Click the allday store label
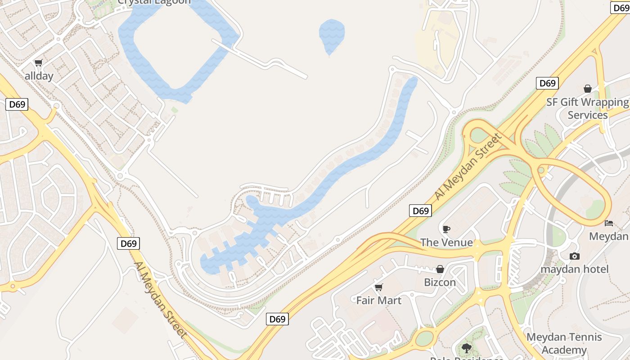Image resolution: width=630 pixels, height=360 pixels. point(39,76)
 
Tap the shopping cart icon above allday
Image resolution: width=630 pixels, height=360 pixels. point(39,63)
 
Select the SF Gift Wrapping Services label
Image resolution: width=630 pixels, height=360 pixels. point(587,108)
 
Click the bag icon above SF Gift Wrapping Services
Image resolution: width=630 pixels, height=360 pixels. point(587,89)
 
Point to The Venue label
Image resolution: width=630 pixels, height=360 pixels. point(446,243)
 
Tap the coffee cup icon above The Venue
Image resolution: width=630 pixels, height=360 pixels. point(446,229)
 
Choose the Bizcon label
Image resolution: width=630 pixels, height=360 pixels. point(440,282)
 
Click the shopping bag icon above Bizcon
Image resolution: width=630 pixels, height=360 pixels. point(440,269)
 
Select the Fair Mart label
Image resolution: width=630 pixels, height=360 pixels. point(379,300)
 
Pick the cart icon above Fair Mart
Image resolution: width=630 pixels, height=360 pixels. point(379,287)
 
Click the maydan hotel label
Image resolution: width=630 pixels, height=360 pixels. point(574,269)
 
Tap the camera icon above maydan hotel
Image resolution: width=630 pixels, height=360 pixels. point(574,256)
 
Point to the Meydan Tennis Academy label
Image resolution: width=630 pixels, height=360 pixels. point(564,343)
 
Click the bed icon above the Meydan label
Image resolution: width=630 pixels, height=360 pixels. point(608,223)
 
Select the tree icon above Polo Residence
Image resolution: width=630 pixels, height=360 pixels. point(466,347)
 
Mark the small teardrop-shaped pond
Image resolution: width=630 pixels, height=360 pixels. point(332,35)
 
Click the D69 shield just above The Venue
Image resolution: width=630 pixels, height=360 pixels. point(420,211)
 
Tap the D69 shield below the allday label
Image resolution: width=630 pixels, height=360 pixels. point(17,104)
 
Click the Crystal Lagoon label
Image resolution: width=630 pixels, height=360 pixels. point(154,2)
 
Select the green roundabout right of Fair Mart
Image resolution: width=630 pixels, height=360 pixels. point(424,337)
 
